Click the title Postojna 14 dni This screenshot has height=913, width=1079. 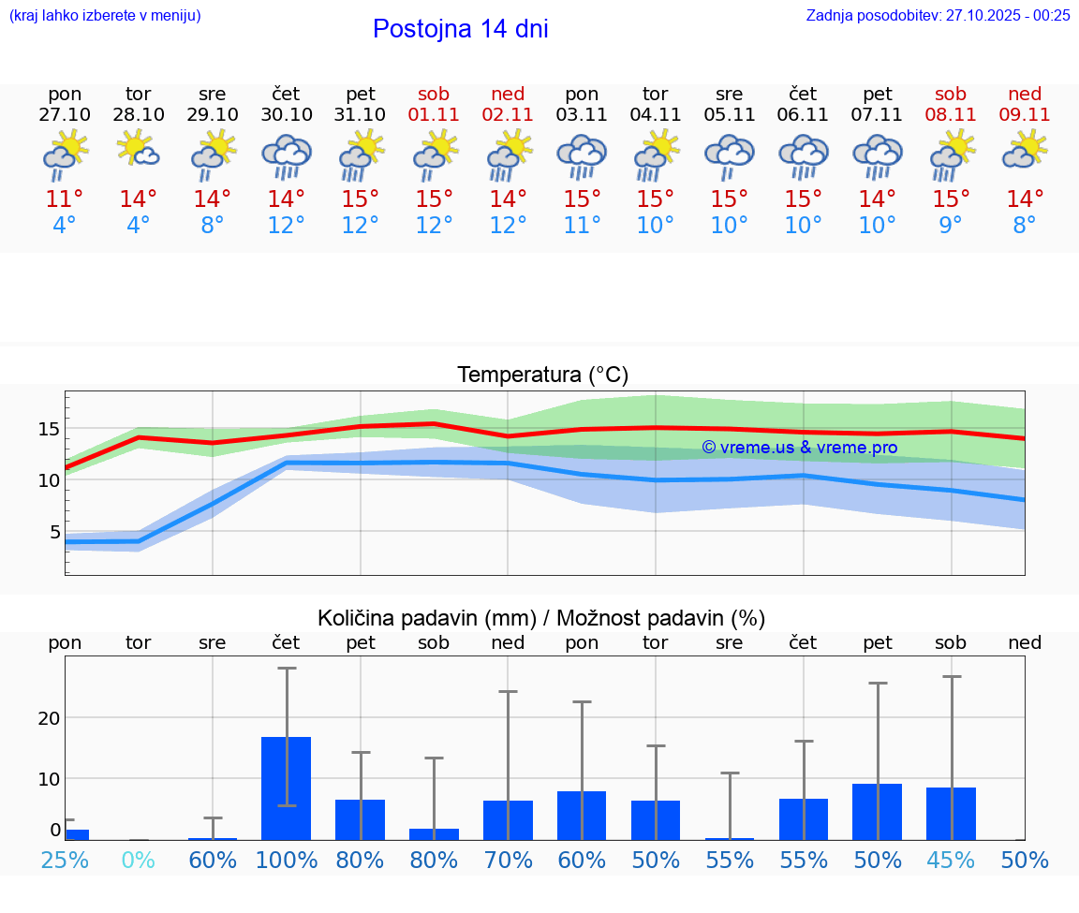(460, 29)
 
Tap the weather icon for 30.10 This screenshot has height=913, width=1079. (287, 156)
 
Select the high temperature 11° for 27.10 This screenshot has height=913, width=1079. (65, 199)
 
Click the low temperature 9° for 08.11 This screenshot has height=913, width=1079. (951, 226)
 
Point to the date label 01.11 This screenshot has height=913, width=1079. (434, 114)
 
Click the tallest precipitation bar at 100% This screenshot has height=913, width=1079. (287, 788)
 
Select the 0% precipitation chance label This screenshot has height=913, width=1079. (139, 860)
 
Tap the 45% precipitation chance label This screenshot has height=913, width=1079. (951, 860)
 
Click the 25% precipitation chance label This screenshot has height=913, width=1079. (65, 860)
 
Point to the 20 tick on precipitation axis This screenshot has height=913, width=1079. (49, 717)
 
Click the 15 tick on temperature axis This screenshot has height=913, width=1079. (49, 429)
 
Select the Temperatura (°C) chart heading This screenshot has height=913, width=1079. (542, 375)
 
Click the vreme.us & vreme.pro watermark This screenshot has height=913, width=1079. (799, 448)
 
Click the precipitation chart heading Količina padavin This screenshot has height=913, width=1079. (540, 617)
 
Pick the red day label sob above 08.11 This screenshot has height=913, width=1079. (951, 94)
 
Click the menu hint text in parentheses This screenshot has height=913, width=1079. (105, 15)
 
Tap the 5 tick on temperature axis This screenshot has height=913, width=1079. (54, 532)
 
